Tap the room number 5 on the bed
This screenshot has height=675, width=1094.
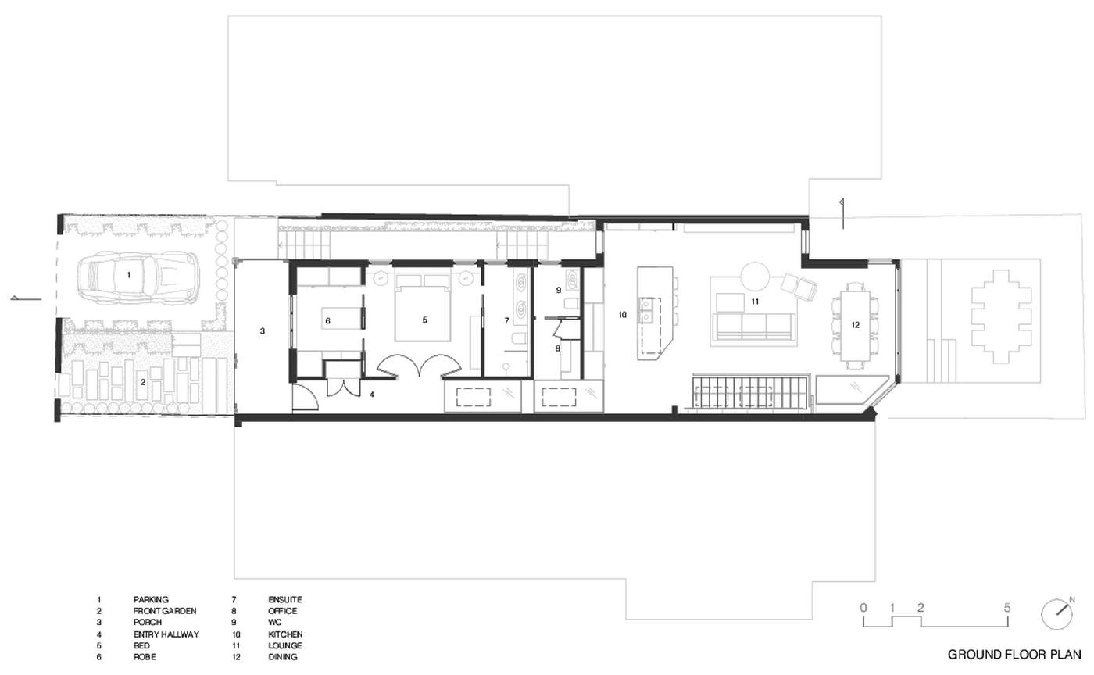425,320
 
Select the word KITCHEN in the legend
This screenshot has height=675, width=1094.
286,634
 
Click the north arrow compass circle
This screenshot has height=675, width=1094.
1056,615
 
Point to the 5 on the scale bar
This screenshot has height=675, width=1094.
1007,608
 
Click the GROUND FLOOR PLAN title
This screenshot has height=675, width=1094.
1014,655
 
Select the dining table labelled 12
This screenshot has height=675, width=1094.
855,326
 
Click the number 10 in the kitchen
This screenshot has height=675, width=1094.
622,315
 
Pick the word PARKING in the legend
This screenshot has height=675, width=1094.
151,600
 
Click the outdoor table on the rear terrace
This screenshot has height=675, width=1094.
1002,316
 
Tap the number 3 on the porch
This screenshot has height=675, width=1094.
263,331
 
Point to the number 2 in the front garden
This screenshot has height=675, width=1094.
142,382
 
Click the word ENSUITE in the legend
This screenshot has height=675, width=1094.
285,600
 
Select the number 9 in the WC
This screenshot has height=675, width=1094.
559,290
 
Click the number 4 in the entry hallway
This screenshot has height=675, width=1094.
372,395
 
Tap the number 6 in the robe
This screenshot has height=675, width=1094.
327,321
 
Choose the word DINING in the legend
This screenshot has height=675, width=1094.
283,657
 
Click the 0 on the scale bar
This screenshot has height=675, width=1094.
863,608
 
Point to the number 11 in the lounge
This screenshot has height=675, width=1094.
755,302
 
